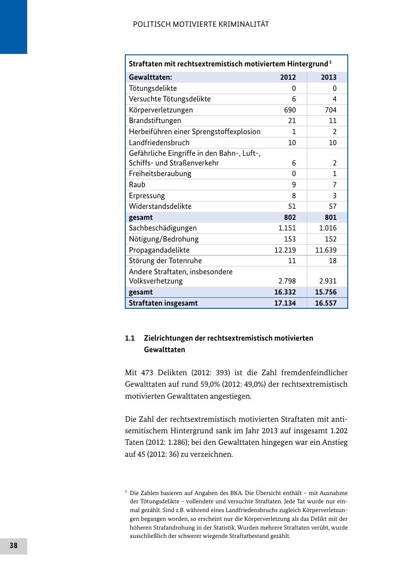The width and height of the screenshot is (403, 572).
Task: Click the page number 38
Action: point(13,546)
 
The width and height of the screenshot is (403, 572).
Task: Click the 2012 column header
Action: point(288,77)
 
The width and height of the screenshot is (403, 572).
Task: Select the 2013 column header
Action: point(328,77)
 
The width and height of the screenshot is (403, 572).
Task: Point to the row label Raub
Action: point(137,185)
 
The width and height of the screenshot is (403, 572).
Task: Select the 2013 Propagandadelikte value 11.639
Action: point(326,250)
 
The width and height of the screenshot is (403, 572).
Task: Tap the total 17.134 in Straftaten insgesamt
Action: point(285,303)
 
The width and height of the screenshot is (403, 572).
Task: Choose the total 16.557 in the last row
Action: point(325,303)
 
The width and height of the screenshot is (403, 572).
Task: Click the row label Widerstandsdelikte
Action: point(160,206)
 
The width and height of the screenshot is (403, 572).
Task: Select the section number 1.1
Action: point(129,338)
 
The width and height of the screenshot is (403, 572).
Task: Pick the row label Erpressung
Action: point(146,196)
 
